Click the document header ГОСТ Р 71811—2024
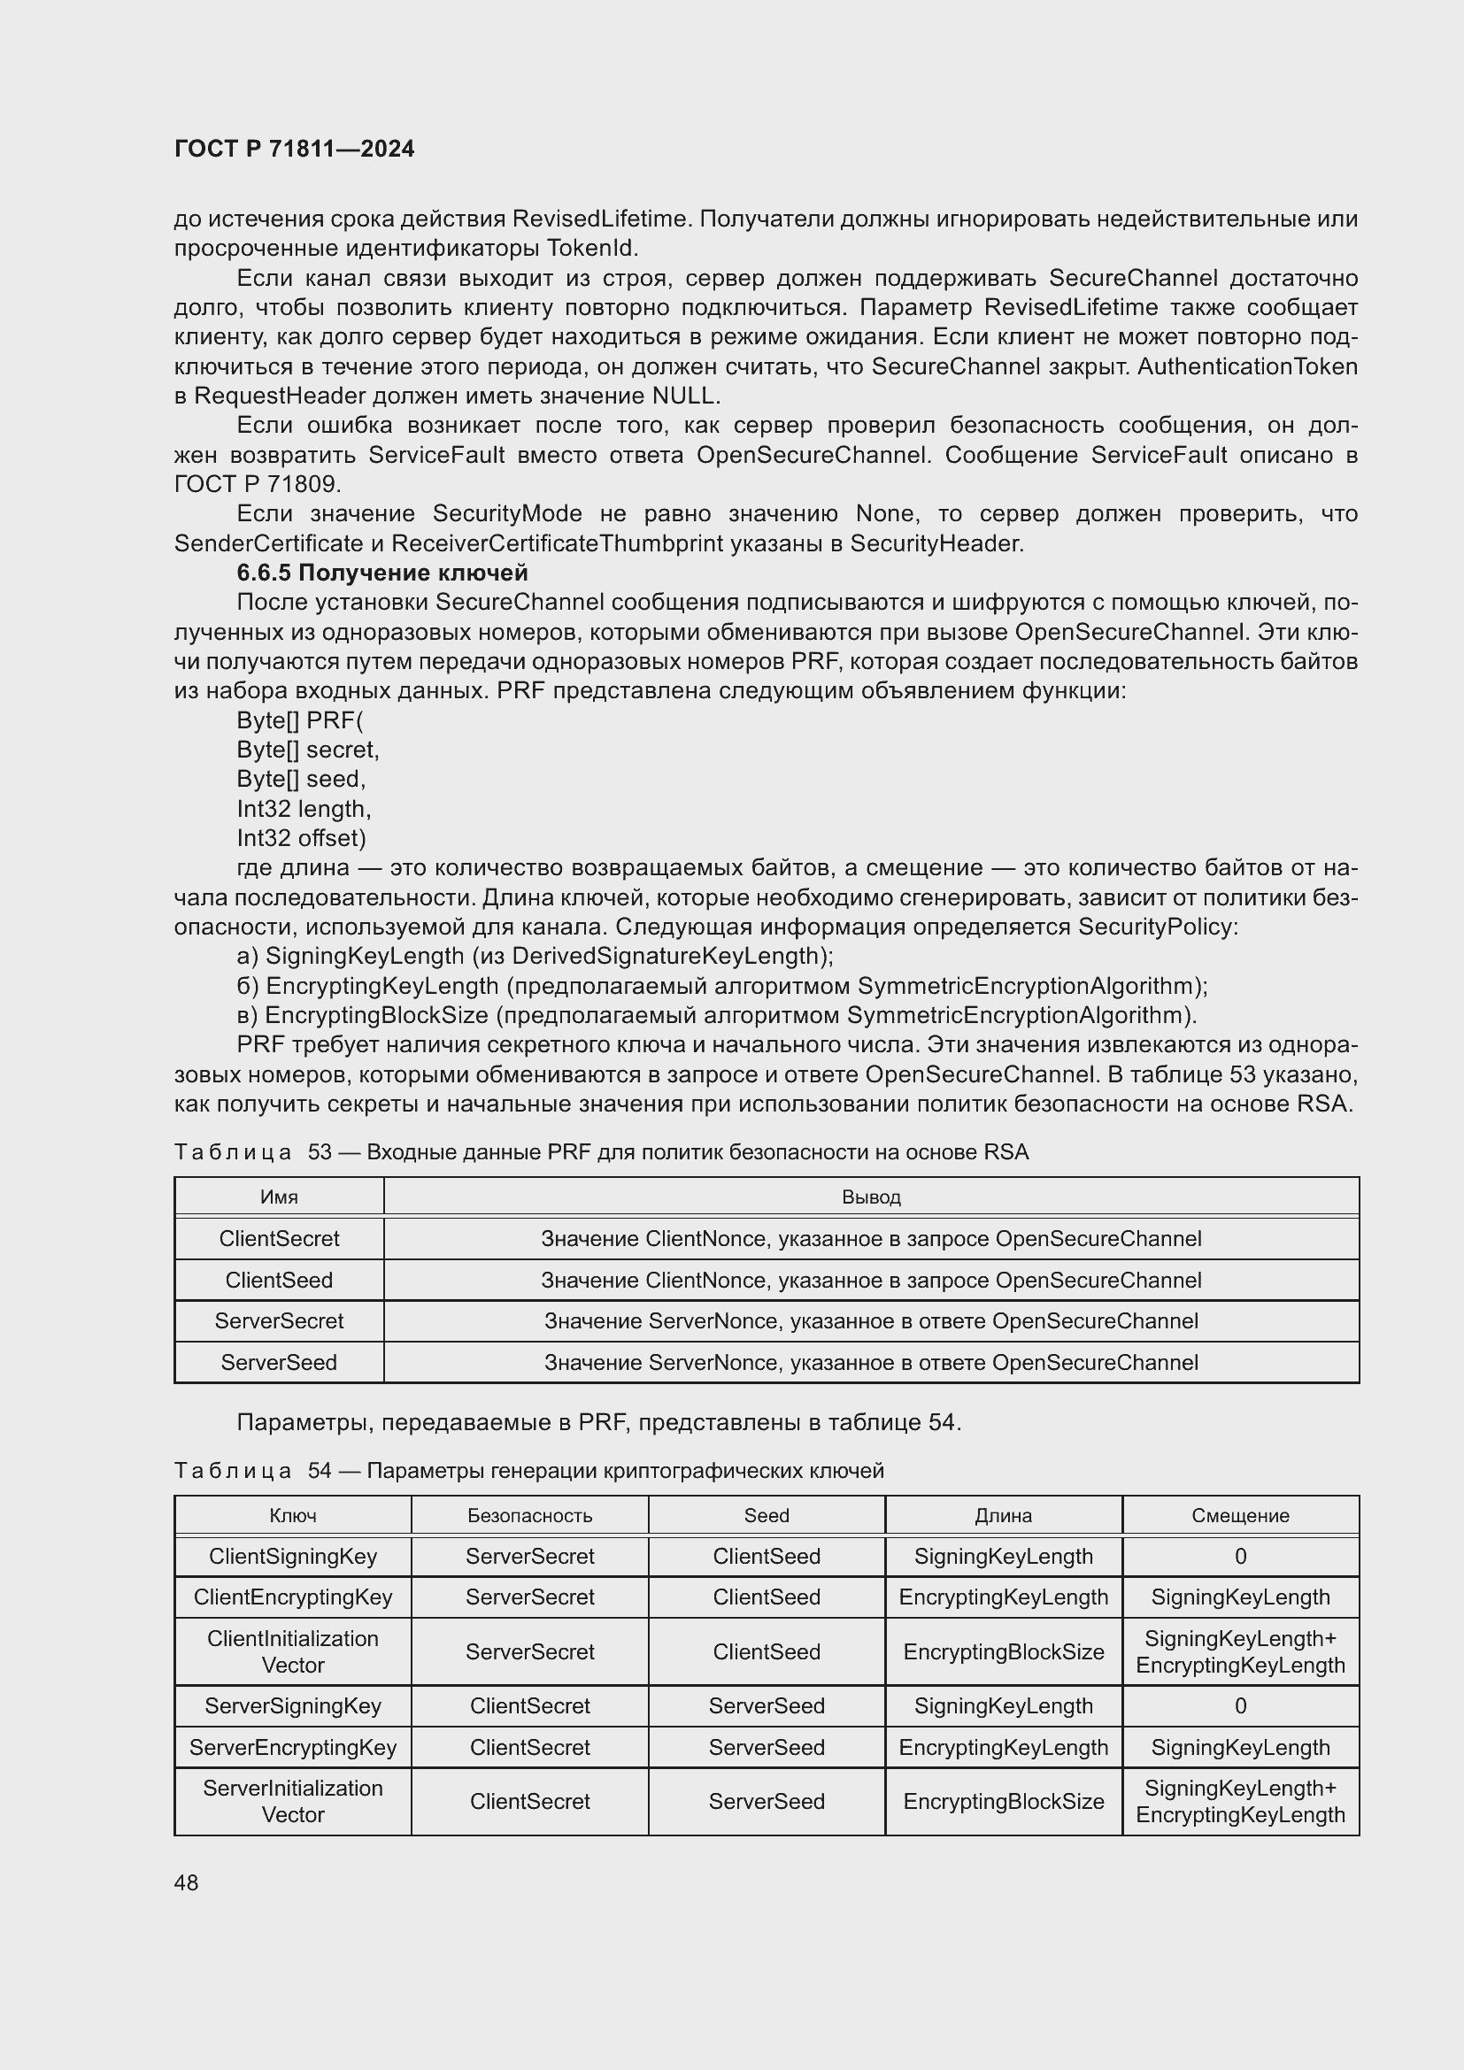294,149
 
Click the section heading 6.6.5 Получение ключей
381,573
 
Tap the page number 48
186,1882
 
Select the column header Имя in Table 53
279,1197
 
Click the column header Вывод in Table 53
871,1197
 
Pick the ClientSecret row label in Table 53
279,1238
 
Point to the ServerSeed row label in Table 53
279,1362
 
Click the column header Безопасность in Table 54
529,1515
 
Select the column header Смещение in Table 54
1239,1515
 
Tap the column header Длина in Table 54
1003,1515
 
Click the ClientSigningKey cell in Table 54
292,1556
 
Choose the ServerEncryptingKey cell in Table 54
292,1747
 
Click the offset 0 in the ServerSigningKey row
1239,1705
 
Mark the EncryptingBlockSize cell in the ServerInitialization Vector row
1003,1801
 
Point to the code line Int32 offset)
301,837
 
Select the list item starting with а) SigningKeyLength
535,956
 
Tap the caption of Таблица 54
528,1471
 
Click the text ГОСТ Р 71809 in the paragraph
256,484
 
